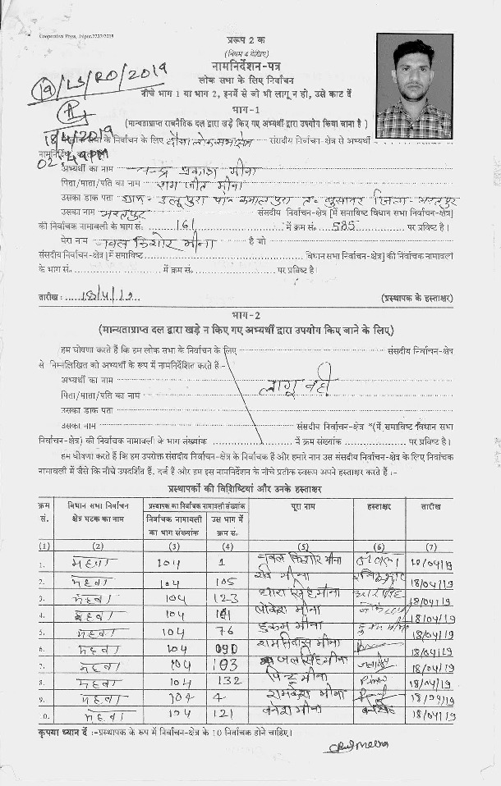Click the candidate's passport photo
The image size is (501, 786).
pos(414,85)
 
